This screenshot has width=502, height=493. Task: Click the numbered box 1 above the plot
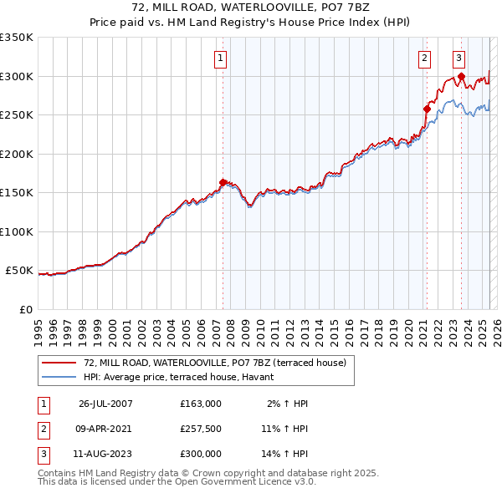click(219, 58)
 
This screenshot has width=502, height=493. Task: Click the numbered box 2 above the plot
click(425, 58)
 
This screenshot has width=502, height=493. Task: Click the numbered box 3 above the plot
click(459, 58)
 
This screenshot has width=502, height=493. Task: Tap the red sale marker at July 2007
click(223, 182)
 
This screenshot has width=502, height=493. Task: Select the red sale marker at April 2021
click(427, 109)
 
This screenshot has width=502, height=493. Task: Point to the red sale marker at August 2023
click(461, 76)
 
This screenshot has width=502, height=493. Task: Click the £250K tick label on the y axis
click(16, 115)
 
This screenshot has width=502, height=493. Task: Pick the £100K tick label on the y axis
click(16, 231)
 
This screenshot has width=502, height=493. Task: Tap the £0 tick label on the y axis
click(24, 310)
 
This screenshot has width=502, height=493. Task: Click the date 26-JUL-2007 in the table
click(105, 404)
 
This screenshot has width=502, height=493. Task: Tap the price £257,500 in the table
click(201, 429)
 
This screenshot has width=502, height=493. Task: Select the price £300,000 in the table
click(201, 454)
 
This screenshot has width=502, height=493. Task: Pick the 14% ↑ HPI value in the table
click(284, 454)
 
